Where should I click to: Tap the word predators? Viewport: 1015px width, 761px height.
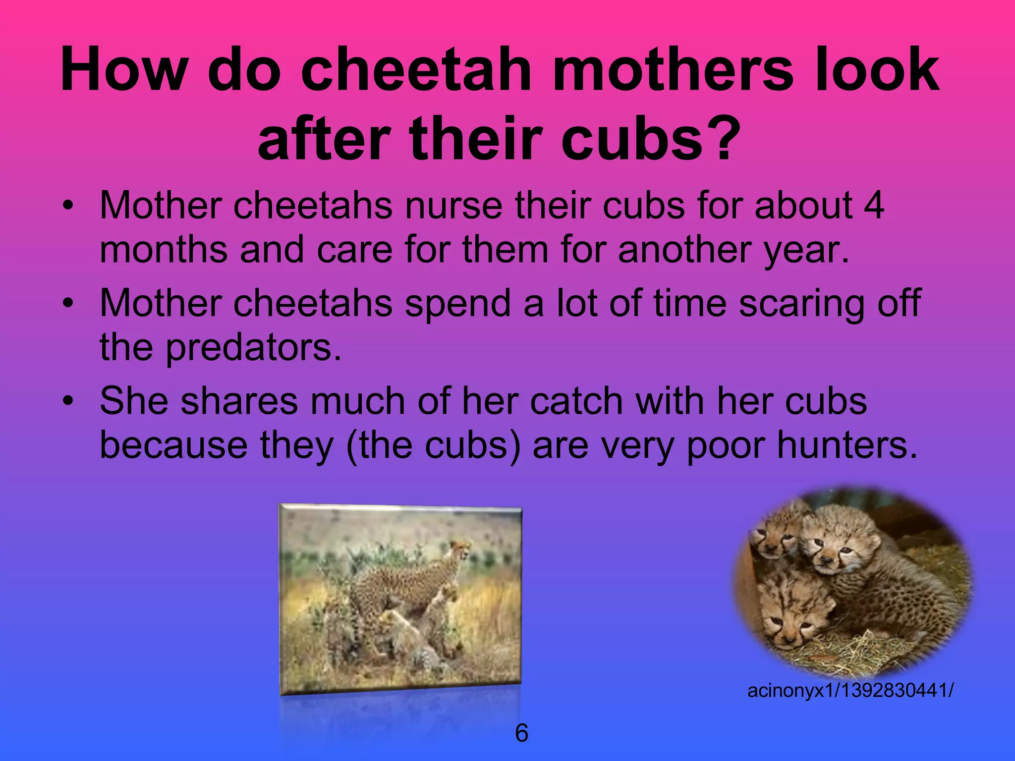coord(253,347)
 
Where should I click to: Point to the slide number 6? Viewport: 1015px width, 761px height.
coord(521,733)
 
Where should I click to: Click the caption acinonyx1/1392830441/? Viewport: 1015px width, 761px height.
coord(850,690)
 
